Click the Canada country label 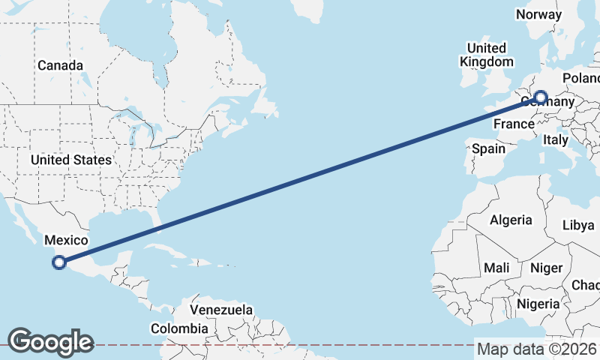point(60,65)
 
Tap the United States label point(71,160)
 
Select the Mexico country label point(67,240)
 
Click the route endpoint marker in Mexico point(59,262)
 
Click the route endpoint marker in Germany point(540,97)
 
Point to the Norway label point(538,14)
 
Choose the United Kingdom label point(487,55)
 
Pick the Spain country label point(488,148)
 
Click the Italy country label point(556,139)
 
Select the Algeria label point(511,220)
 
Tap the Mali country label point(496,268)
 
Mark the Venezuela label point(221,310)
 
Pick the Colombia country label point(179,328)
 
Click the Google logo point(49,341)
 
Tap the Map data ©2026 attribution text point(536,349)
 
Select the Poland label point(581,78)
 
